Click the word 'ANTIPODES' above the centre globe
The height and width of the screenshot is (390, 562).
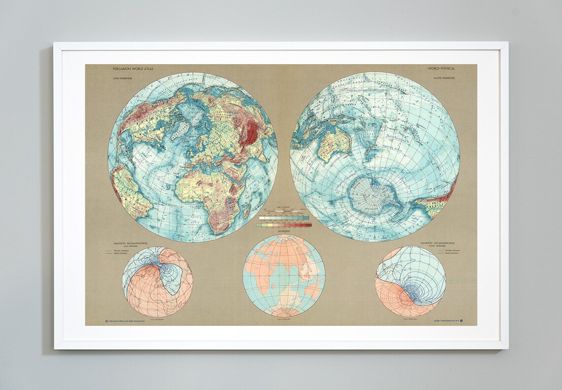pos(283,231)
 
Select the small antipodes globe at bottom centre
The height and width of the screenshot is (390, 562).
pos(283,275)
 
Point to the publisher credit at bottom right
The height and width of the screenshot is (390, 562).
pos(446,321)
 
